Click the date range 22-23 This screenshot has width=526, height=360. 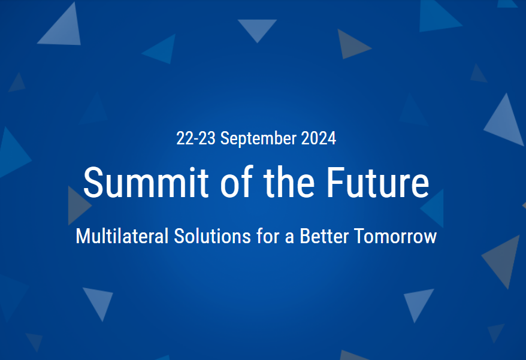196,138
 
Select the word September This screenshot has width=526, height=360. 258,139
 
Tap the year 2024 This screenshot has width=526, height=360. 318,138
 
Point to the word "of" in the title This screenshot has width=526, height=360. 237,181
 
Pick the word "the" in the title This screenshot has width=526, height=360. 289,181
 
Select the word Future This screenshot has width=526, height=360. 378,183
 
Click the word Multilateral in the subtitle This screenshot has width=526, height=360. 122,236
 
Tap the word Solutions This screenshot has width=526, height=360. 212,236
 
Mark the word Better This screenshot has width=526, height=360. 324,236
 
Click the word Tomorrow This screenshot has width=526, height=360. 395,236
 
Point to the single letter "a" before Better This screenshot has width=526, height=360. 289,238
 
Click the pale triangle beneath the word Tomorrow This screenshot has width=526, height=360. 418,302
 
